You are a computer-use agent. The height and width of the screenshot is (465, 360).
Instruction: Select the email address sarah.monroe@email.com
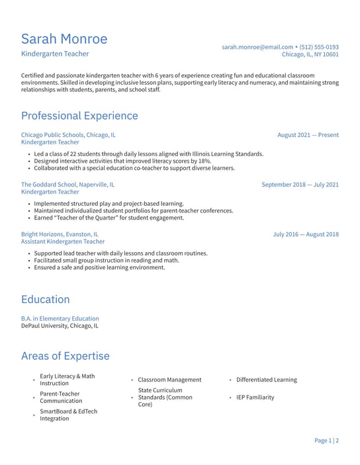click(x=257, y=47)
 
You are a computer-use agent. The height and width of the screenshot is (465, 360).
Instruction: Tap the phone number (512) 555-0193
click(x=319, y=47)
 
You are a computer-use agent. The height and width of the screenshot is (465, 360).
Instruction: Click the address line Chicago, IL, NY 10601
click(x=310, y=55)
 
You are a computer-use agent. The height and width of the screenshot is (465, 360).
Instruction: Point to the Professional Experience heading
click(x=79, y=116)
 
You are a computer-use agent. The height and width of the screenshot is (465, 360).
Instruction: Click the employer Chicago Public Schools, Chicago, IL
click(x=68, y=135)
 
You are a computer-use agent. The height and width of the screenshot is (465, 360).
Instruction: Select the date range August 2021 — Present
click(x=308, y=135)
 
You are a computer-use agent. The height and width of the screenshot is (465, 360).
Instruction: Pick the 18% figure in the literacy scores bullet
click(x=204, y=161)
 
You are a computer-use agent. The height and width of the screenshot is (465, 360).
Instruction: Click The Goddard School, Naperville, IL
click(x=67, y=185)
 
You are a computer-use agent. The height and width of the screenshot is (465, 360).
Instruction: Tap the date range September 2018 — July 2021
click(x=300, y=185)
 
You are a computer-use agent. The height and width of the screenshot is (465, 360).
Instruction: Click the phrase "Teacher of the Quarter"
click(x=87, y=218)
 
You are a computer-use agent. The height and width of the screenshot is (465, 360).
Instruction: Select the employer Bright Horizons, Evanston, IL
click(x=60, y=234)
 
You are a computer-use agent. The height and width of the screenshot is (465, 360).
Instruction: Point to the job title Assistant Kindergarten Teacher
click(x=63, y=241)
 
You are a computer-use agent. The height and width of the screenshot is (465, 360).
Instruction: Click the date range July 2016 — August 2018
click(x=306, y=234)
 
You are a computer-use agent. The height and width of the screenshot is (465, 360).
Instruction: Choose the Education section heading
click(x=45, y=299)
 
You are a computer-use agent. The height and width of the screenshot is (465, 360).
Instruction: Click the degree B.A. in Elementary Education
click(x=60, y=318)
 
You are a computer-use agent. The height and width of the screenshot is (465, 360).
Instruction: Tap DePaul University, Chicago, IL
click(x=60, y=325)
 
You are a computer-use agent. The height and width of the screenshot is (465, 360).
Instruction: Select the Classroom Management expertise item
click(x=169, y=380)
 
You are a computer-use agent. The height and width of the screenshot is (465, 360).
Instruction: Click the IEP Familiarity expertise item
click(x=255, y=398)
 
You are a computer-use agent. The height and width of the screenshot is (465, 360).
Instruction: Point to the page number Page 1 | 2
click(x=326, y=440)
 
